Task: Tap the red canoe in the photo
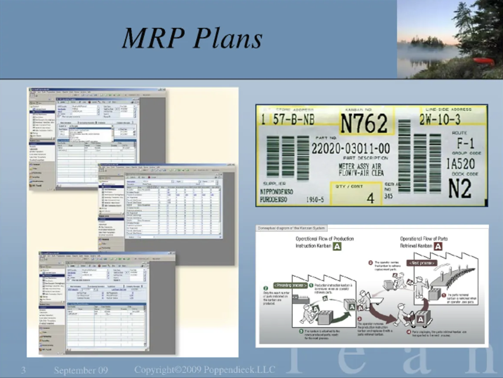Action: click(x=483, y=61)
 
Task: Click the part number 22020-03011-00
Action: click(x=350, y=149)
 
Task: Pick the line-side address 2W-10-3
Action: click(x=440, y=119)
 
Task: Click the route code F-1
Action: click(x=465, y=144)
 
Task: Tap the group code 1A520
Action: click(x=461, y=164)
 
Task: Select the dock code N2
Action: click(x=460, y=189)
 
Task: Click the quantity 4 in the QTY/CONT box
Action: click(x=370, y=198)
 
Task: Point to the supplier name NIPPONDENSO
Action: click(x=277, y=192)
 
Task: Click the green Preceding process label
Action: click(x=290, y=285)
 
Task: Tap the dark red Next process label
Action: click(x=422, y=263)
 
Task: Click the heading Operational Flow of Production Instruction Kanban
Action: click(x=324, y=242)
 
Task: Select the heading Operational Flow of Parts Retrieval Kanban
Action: click(x=424, y=242)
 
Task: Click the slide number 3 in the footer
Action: click(x=23, y=370)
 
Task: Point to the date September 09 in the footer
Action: click(x=81, y=370)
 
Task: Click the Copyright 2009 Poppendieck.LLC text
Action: click(x=204, y=370)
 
